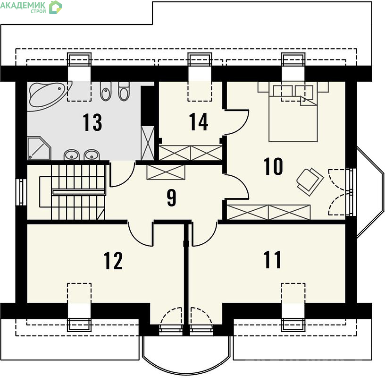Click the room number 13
click(x=92, y=122)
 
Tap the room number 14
click(x=199, y=121)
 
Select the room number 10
click(x=273, y=166)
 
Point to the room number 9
click(x=172, y=198)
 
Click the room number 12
click(x=113, y=260)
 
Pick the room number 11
click(x=272, y=260)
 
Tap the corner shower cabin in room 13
click(x=39, y=148)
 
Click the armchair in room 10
click(x=310, y=182)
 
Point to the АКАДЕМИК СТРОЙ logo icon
click(x=56, y=7)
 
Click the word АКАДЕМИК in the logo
click(x=23, y=5)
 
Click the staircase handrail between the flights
click(x=78, y=192)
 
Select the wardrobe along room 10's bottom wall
click(x=268, y=212)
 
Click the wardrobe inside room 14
click(x=191, y=153)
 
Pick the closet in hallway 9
click(x=166, y=172)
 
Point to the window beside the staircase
click(x=21, y=192)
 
